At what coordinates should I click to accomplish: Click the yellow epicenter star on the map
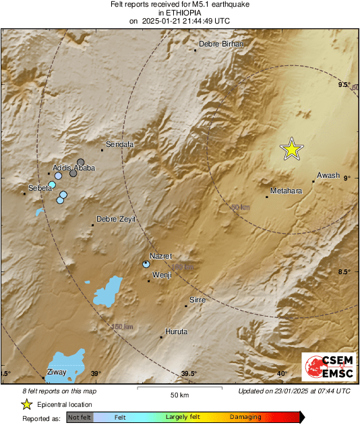(291, 149)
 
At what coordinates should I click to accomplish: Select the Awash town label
(328, 175)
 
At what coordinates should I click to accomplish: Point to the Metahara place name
(286, 191)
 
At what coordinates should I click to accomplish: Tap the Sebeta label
(40, 188)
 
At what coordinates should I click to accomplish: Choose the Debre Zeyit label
(115, 219)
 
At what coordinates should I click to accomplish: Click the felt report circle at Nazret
(146, 265)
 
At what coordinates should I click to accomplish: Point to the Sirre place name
(198, 299)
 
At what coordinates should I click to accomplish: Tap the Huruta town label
(176, 331)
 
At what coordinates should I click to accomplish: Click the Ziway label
(56, 372)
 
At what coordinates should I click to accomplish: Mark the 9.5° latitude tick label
(344, 85)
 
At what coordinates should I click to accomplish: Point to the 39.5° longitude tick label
(189, 373)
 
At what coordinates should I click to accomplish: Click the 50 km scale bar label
(179, 394)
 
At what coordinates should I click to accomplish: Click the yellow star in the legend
(26, 404)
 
